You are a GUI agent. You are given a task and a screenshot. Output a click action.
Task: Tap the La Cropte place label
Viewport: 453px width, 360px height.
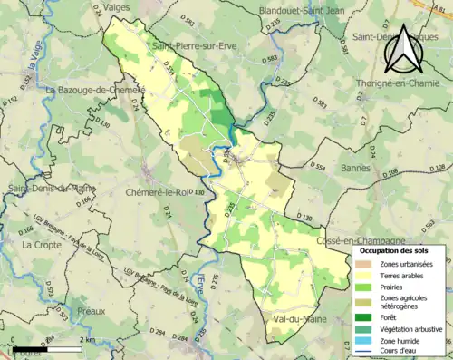41,245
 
